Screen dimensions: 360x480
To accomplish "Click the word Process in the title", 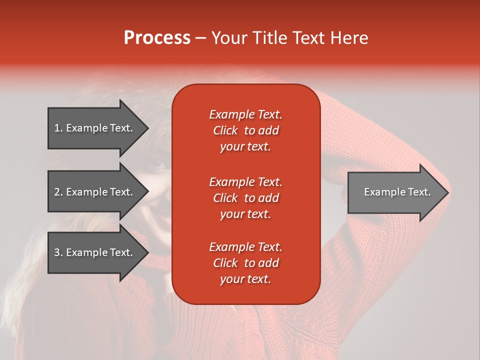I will click(157, 38).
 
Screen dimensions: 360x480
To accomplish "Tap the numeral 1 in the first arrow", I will click(57, 128).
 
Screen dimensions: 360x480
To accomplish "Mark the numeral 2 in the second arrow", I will click(57, 192).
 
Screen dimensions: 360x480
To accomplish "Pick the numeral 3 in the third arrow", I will click(57, 252).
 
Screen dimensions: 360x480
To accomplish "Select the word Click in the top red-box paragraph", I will click(225, 130).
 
